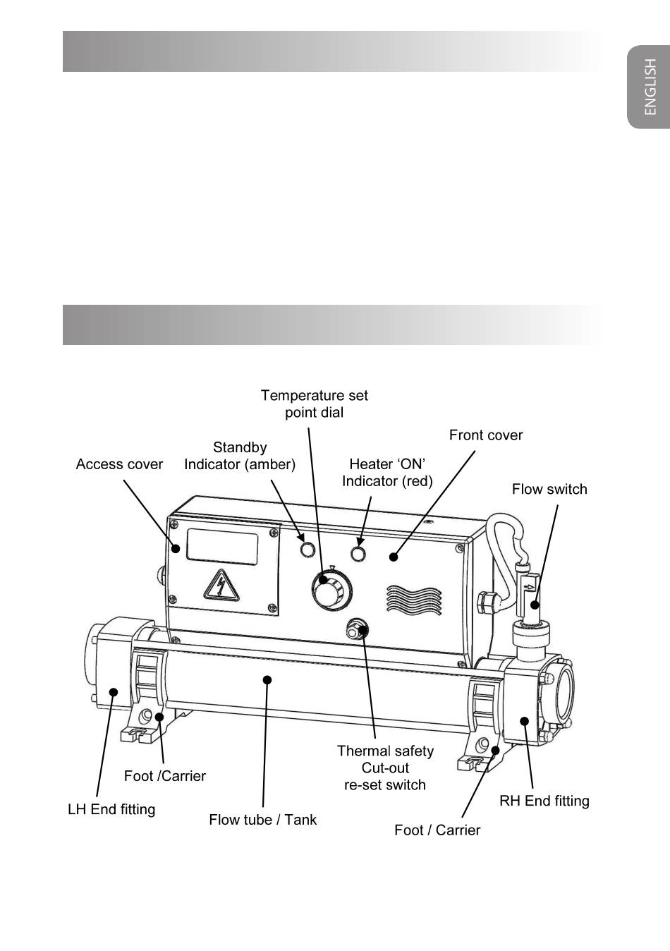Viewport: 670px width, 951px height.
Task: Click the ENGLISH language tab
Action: pos(648,87)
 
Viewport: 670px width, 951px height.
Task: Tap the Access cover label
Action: pos(119,464)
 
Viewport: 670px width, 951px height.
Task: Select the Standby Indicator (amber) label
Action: pos(240,456)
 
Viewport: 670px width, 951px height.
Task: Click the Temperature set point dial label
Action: pos(315,404)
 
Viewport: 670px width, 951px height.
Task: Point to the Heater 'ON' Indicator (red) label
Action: pos(387,473)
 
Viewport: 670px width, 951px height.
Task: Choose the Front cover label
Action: pos(486,435)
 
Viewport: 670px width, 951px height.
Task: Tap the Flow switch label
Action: pos(549,489)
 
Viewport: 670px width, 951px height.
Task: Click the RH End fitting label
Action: pos(544,801)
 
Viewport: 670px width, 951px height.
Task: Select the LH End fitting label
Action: pos(111,810)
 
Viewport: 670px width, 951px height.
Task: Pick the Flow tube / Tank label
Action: pos(262,820)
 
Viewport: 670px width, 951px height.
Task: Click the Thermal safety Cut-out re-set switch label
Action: pos(385,768)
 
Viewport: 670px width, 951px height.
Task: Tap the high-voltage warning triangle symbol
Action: pos(221,586)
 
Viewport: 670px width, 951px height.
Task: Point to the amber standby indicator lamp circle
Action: pos(307,550)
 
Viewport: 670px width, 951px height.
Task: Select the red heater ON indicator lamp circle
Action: pos(358,554)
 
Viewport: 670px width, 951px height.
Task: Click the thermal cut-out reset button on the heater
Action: pos(357,629)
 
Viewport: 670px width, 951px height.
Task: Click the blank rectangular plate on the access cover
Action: pos(222,547)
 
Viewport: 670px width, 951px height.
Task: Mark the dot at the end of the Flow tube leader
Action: pos(267,680)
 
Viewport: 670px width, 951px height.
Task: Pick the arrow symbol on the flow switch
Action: pos(530,587)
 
